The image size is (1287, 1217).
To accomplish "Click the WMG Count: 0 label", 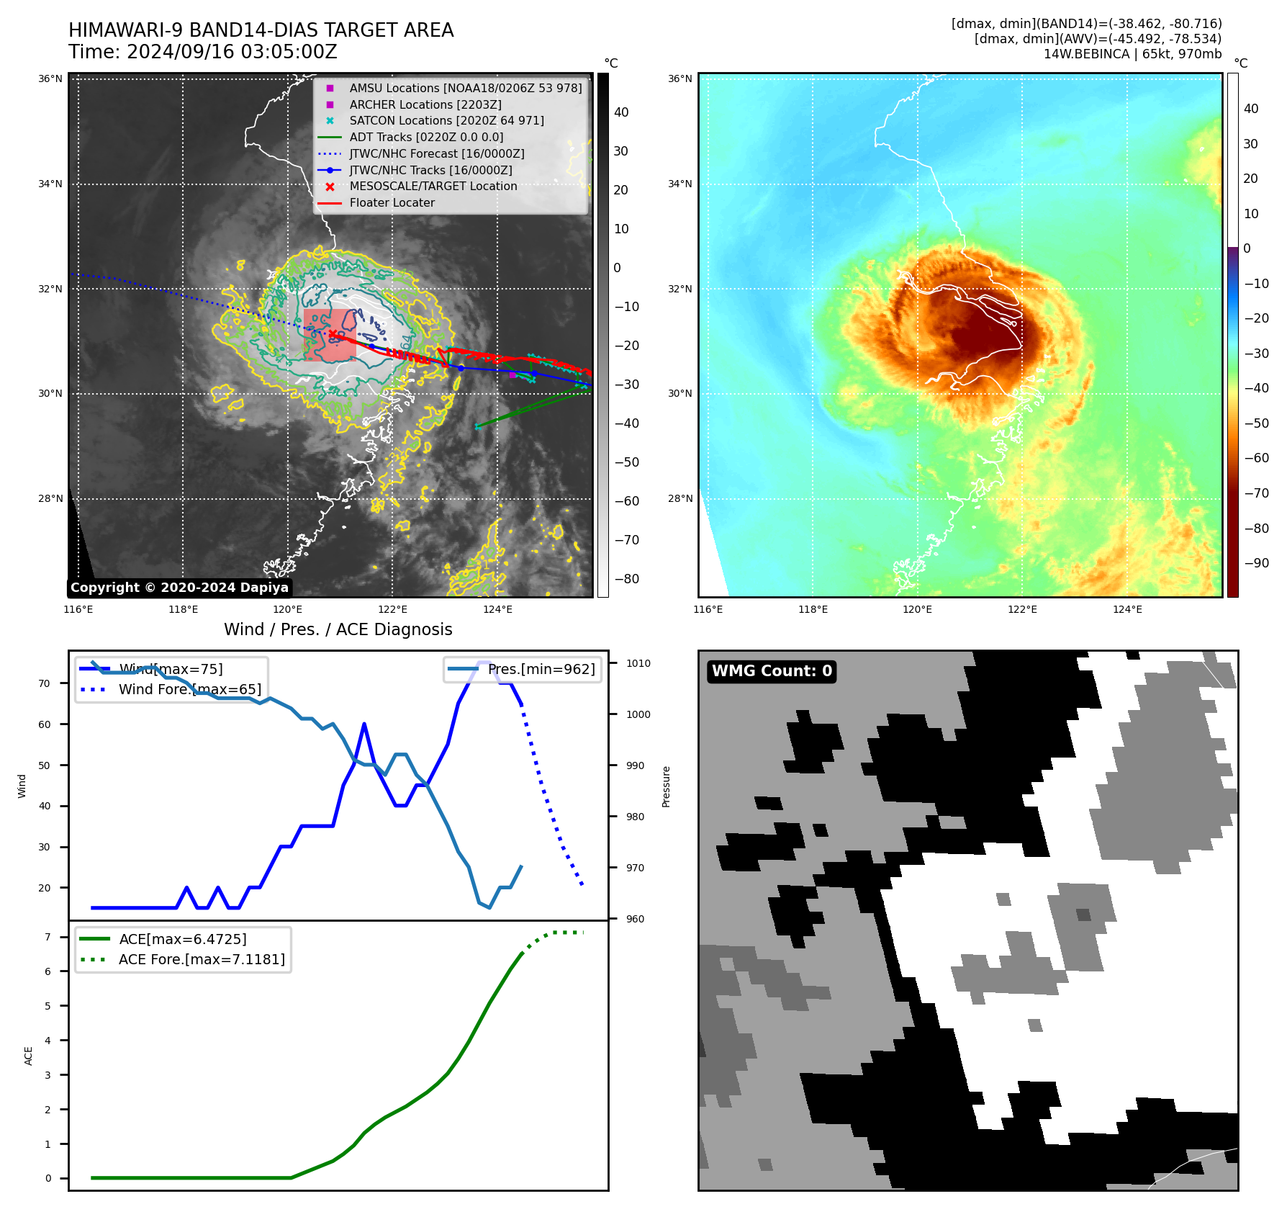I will (772, 671).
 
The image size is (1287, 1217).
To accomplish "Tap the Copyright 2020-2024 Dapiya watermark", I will (179, 588).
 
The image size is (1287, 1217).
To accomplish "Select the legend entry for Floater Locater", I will (392, 203).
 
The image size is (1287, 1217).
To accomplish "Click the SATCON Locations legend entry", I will (446, 121).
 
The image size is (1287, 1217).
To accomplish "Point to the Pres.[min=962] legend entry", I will (541, 670).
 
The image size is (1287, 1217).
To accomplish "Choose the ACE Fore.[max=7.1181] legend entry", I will (202, 959).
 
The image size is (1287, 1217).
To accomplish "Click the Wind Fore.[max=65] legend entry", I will (189, 689).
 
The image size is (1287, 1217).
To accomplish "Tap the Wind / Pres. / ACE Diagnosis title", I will (338, 629).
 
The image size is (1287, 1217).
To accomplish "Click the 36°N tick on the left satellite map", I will (50, 79).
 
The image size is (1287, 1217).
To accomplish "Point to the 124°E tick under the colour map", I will (1127, 609).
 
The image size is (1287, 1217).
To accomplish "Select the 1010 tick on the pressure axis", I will (638, 664).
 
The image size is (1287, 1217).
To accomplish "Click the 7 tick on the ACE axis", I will (48, 937).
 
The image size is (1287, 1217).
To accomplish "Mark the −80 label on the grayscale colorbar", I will (626, 579).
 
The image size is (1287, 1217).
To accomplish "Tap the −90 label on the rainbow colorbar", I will (1256, 563).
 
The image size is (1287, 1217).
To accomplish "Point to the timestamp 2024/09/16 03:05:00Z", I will (232, 53).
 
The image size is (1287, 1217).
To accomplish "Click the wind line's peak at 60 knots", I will (364, 724).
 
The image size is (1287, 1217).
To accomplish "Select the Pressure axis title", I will (667, 786).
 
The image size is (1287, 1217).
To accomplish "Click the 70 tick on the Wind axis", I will (45, 683).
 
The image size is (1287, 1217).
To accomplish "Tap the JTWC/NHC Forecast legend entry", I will (436, 154).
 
